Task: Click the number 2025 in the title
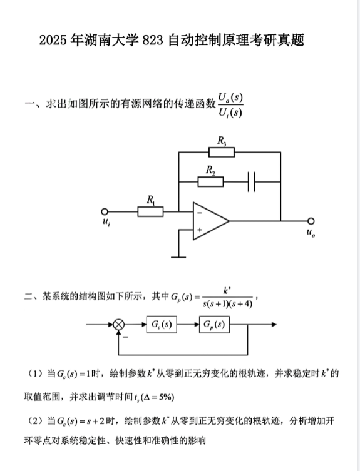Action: (x=53, y=40)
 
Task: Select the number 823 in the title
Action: (x=153, y=40)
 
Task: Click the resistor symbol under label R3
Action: (x=222, y=152)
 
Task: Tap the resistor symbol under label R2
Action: (x=210, y=182)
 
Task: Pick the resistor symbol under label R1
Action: (x=150, y=211)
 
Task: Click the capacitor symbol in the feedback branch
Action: (x=252, y=182)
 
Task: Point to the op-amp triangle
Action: (x=210, y=221)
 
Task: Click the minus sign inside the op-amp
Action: (x=200, y=213)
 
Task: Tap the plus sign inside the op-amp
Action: (x=200, y=230)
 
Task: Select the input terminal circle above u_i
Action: (x=105, y=212)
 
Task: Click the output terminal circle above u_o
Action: (x=311, y=221)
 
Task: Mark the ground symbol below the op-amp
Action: (x=178, y=257)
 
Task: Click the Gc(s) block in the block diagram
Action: (x=162, y=325)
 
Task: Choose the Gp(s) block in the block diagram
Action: (x=215, y=325)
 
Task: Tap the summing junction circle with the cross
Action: (x=119, y=325)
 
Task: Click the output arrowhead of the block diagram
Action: (x=274, y=325)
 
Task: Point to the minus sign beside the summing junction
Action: (x=125, y=337)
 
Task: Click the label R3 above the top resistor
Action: (x=222, y=141)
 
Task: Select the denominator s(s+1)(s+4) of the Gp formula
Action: (x=228, y=304)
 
